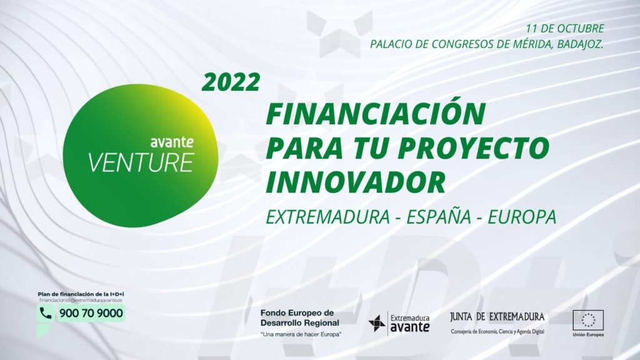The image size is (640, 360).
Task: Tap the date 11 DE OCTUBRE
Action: [564, 29]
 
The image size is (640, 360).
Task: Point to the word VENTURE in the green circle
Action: [140, 162]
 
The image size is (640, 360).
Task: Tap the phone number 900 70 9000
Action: [91, 313]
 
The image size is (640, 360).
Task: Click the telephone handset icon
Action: [46, 313]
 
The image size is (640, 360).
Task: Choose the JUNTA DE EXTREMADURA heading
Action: [497, 317]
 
